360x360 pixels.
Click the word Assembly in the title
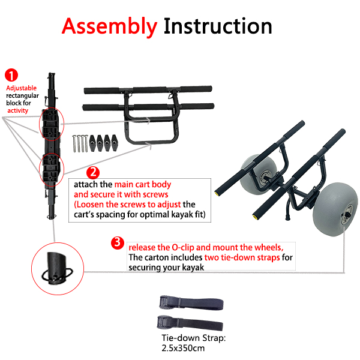[x=110, y=27]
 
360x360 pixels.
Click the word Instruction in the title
[x=218, y=26]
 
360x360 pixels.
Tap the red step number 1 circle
[x=11, y=75]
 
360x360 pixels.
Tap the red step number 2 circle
[x=93, y=173]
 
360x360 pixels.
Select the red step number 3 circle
[x=118, y=243]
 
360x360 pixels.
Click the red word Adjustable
[x=22, y=88]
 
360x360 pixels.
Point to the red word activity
[x=17, y=110]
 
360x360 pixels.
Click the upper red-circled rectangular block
[x=51, y=124]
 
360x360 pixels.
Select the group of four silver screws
[x=80, y=143]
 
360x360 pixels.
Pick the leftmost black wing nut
[x=92, y=143]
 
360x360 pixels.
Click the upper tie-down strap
[x=191, y=303]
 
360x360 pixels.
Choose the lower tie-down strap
[x=190, y=323]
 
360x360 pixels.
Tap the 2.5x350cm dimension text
[x=183, y=348]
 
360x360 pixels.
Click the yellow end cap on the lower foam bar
[x=255, y=217]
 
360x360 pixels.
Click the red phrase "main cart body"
[x=143, y=184]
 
